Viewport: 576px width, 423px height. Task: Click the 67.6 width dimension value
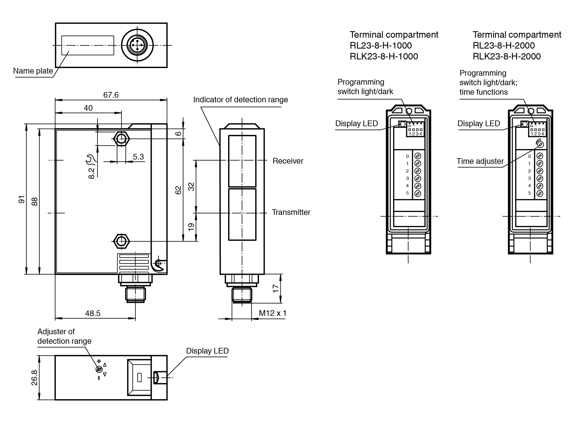(111, 95)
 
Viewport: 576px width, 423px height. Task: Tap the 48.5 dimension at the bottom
(93, 313)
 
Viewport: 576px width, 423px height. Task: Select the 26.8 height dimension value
(34, 378)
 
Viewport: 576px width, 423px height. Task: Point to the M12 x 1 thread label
(272, 313)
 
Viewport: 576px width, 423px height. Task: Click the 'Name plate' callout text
(33, 71)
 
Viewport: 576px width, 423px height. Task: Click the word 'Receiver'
(288, 161)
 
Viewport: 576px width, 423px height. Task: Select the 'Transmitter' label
(291, 212)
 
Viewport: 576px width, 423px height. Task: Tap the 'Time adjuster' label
(480, 161)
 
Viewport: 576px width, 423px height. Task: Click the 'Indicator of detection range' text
(240, 100)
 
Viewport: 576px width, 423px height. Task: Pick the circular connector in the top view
(137, 45)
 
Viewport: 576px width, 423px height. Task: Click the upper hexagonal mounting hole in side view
(121, 139)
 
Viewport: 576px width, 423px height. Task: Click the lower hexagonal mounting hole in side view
(121, 241)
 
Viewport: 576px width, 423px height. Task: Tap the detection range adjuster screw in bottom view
(99, 369)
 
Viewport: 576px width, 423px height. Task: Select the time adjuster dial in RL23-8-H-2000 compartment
(540, 144)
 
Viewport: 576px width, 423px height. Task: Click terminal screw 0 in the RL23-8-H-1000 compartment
(418, 156)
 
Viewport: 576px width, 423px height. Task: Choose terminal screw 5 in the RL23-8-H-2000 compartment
(540, 193)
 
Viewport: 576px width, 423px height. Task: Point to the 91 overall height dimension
(22, 199)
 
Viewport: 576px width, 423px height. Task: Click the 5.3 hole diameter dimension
(138, 157)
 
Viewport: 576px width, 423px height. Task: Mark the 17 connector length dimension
(276, 288)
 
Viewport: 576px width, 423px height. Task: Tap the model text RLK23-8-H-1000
(384, 56)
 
